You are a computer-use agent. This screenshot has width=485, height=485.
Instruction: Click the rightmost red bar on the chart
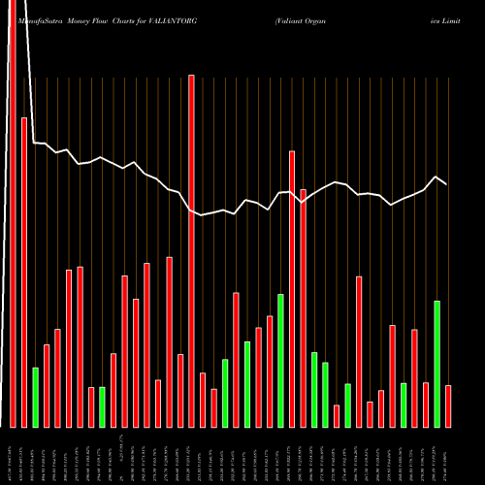coord(448,405)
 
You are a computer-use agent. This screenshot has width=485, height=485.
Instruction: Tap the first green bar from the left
coord(36,397)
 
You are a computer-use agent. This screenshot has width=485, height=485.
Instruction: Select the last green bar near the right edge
coord(437,364)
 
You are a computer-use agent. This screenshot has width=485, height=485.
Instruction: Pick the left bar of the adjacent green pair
coord(314,389)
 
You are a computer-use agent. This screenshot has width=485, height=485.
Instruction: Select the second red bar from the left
coord(24,272)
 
